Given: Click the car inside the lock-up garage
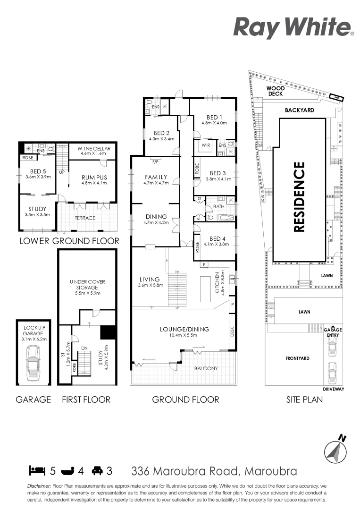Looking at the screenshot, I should tap(33, 363).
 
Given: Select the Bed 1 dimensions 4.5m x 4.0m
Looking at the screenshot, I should tap(214, 123).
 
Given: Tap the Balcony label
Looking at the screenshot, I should tap(207, 368).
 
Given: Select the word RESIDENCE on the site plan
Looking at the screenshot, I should tap(299, 197).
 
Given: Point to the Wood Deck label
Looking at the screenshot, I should tap(276, 91).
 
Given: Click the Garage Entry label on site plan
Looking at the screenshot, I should tap(333, 333).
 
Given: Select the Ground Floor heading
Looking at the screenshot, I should tap(185, 399).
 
